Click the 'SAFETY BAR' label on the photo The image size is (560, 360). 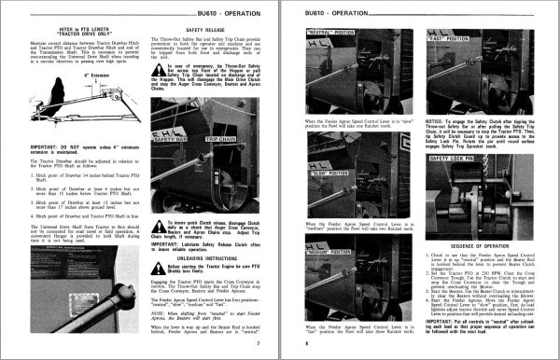point(172,138)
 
